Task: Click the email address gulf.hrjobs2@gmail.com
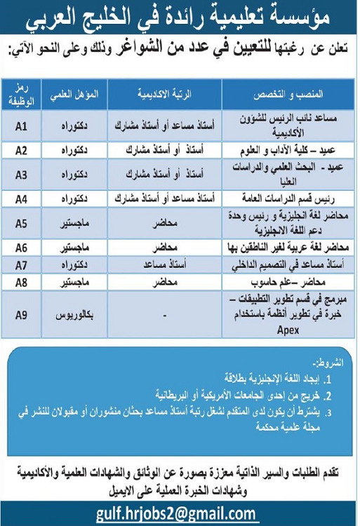(177, 514)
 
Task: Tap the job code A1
(21, 127)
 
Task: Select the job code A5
(21, 224)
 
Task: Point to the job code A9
(21, 314)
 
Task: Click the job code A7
(21, 264)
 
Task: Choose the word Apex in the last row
(288, 328)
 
